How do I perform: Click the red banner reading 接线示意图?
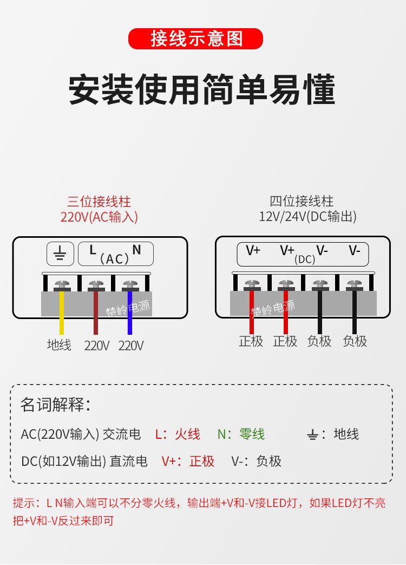(x=195, y=39)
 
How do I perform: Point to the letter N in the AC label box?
(x=136, y=250)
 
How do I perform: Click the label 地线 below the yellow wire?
(x=59, y=345)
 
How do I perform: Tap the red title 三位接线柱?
(x=99, y=202)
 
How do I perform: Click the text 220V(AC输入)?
(x=99, y=217)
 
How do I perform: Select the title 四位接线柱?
(x=302, y=202)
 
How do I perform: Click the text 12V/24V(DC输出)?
(x=307, y=217)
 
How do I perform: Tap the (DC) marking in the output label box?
(x=305, y=259)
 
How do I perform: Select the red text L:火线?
(x=178, y=434)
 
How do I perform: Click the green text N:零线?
(x=241, y=434)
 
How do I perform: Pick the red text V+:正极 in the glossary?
(x=188, y=462)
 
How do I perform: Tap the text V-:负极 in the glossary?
(x=257, y=462)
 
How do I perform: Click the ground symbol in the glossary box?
(x=312, y=434)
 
